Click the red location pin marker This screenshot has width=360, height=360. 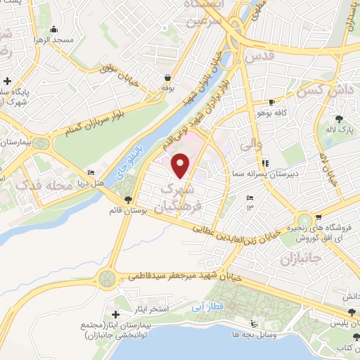181,165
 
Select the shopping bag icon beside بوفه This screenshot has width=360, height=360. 167,77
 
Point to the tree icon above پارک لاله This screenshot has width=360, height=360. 340,118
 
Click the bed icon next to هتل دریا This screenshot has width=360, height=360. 91,172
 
